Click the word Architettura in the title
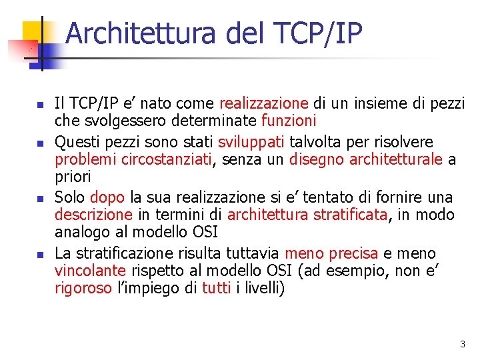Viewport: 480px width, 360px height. (141, 33)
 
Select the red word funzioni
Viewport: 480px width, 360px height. (289, 121)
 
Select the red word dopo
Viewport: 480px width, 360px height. (107, 197)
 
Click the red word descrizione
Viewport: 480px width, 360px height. (93, 215)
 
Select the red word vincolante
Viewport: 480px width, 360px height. (90, 271)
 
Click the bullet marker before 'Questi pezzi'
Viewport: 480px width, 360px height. (39, 143)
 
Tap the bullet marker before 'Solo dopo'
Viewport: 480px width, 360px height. (39, 198)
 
